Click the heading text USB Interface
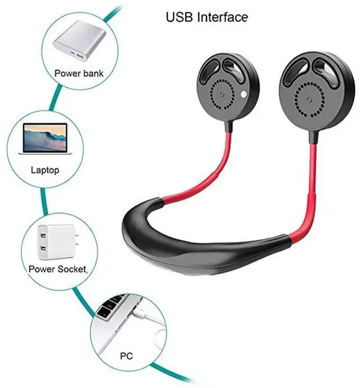[206, 17]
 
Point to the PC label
[127, 355]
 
